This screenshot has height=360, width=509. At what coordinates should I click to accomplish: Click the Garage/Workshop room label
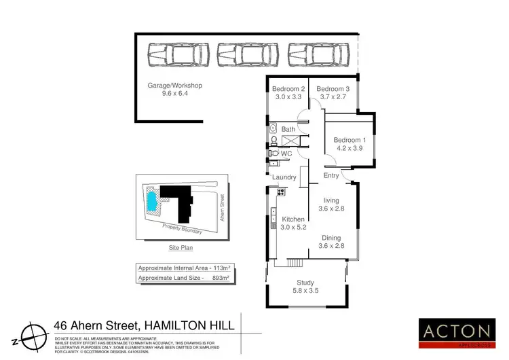175,86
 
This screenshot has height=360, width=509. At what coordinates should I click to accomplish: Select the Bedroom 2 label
288,89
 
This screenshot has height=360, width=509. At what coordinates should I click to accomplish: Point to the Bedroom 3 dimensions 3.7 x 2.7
333,97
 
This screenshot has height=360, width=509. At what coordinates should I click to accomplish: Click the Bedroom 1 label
350,141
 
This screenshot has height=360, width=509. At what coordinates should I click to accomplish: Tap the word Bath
288,129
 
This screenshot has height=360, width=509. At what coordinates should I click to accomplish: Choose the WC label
286,154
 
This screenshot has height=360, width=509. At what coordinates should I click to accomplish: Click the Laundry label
284,177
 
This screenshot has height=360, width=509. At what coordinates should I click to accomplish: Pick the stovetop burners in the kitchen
281,192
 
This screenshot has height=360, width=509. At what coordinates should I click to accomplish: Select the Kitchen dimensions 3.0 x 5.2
294,228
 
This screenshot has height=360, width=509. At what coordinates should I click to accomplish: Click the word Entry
331,176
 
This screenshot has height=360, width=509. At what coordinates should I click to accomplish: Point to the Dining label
331,238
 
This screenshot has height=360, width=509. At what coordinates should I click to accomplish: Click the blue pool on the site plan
151,201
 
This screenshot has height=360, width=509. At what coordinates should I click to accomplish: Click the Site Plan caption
181,249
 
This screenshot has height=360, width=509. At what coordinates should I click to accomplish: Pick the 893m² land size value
219,278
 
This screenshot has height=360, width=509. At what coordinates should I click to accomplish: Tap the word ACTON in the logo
457,331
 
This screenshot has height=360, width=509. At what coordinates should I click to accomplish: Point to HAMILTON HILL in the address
186,326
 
